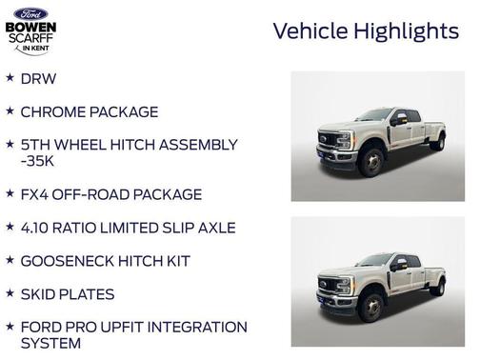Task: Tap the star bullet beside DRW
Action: (10, 77)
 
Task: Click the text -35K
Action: (39, 161)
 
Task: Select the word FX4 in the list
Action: (35, 194)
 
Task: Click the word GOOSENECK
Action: (65, 261)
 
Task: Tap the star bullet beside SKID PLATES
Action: (10, 293)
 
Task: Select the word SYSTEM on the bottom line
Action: (50, 343)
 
